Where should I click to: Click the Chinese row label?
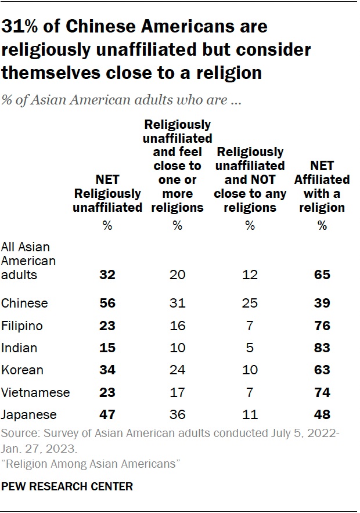click(x=24, y=303)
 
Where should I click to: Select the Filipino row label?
click(x=23, y=326)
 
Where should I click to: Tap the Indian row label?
click(x=20, y=348)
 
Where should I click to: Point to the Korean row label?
click(x=22, y=370)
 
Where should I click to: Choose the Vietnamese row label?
click(x=35, y=392)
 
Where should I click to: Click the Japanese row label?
click(x=28, y=414)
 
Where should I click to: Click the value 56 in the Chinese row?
click(x=107, y=303)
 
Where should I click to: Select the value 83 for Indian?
click(x=322, y=348)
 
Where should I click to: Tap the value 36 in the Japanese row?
click(x=178, y=414)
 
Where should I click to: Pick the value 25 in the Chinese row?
click(x=250, y=303)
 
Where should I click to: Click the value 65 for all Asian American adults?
click(x=322, y=274)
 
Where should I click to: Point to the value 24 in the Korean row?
click(x=178, y=370)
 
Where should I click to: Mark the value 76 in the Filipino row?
click(x=322, y=326)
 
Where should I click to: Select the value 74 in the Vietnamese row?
click(x=322, y=392)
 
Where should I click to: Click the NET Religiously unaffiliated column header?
click(x=107, y=193)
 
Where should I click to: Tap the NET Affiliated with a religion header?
click(x=322, y=186)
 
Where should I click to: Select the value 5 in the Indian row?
click(x=250, y=348)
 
